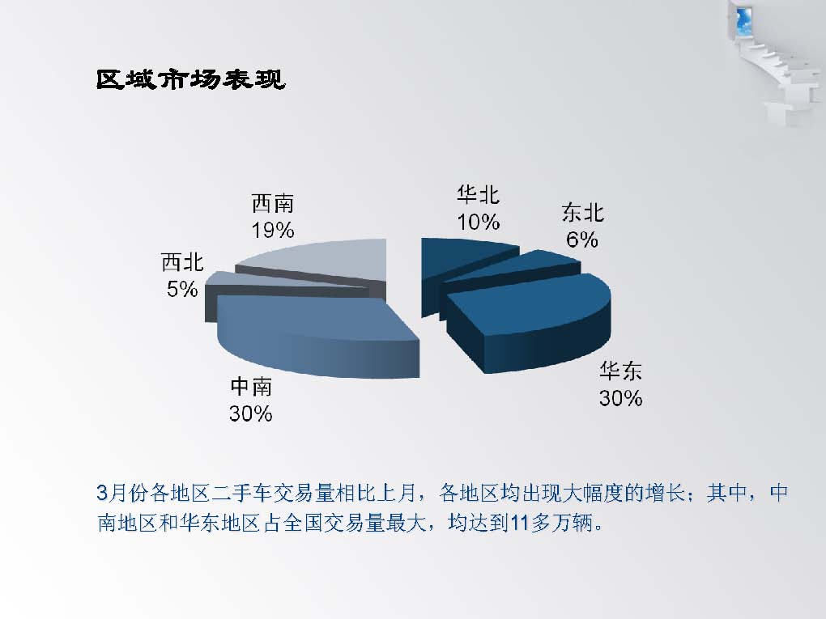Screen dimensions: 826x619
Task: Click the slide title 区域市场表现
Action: [190, 79]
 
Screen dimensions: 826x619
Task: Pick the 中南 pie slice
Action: [316, 337]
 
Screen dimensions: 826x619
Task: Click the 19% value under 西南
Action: [272, 230]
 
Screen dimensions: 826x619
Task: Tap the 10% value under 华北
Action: [478, 223]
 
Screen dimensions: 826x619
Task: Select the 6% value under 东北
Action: [582, 240]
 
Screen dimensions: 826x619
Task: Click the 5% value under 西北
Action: [182, 289]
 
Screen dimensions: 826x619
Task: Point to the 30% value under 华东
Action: [620, 398]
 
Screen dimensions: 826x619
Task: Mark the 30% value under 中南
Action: [251, 413]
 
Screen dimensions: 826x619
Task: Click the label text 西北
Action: [182, 262]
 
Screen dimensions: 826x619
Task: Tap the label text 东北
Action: [582, 213]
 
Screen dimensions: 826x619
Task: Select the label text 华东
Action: [620, 371]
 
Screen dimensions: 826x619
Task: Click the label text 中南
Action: [251, 387]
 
